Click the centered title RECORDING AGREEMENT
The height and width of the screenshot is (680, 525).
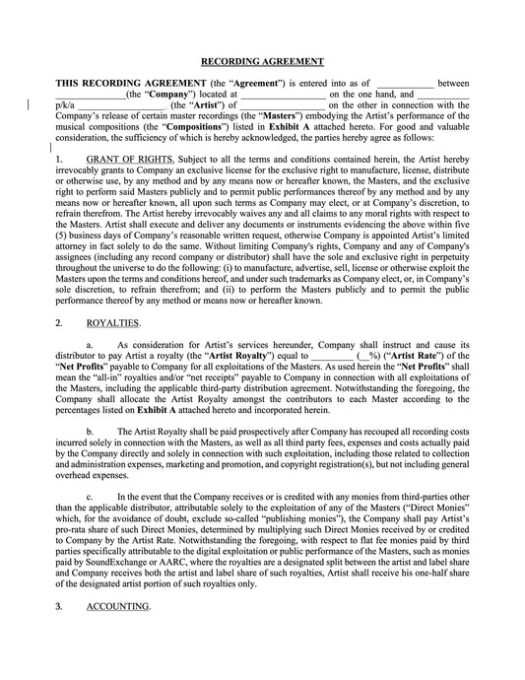click(x=263, y=59)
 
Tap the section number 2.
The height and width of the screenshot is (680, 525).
click(x=59, y=322)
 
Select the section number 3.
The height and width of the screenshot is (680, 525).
click(x=59, y=606)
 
